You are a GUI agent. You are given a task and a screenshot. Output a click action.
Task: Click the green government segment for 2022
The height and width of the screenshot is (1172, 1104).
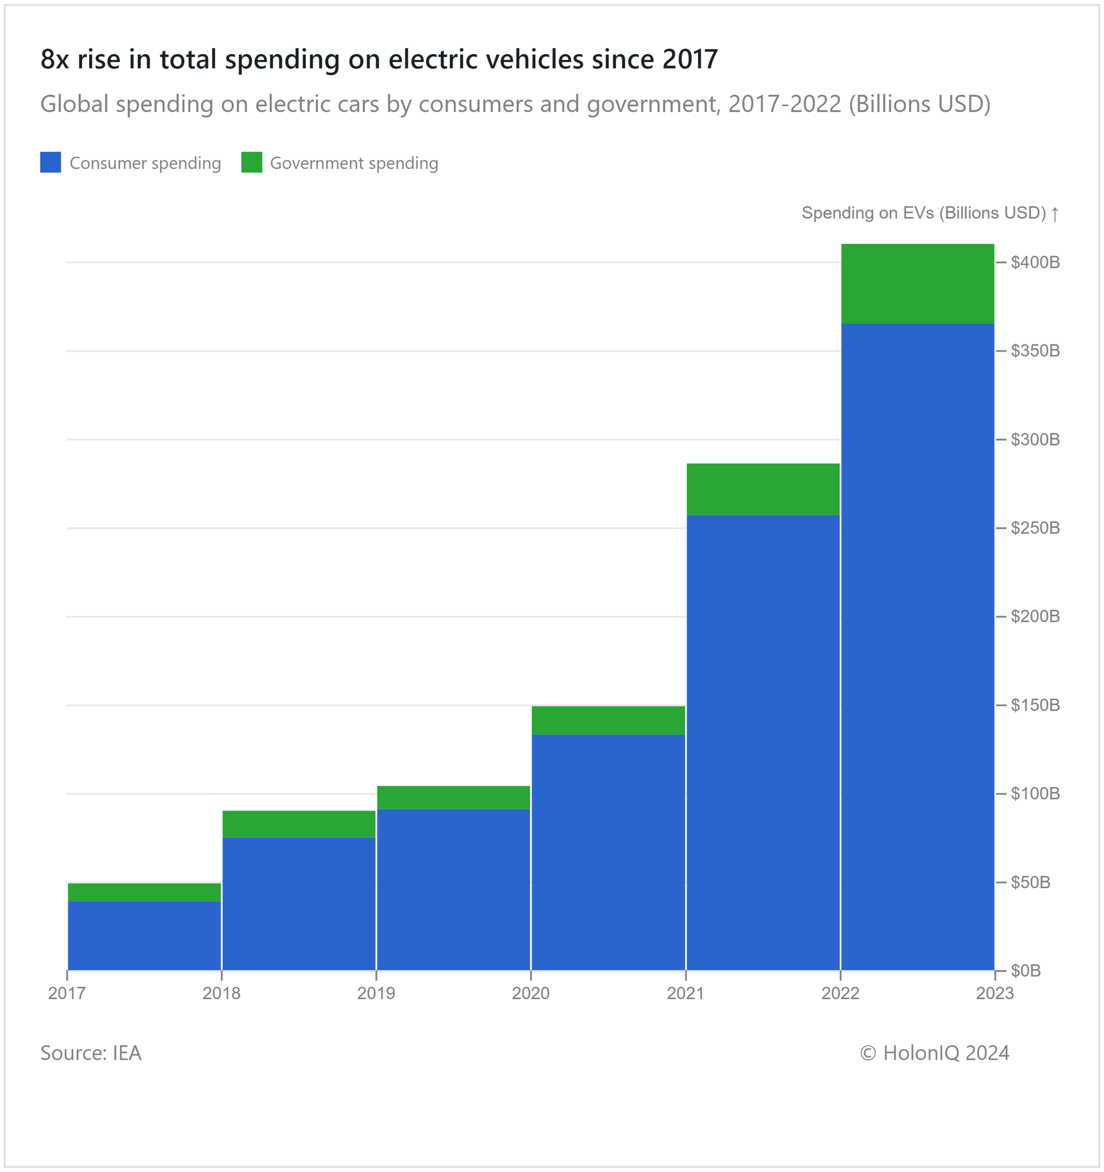[x=917, y=283]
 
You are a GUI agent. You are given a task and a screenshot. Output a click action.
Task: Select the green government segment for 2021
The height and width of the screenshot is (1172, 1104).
[x=763, y=489]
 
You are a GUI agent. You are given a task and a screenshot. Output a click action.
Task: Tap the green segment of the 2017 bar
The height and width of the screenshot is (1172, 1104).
[x=144, y=892]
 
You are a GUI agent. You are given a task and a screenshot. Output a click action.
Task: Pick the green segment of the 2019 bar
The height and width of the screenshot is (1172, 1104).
[x=453, y=797]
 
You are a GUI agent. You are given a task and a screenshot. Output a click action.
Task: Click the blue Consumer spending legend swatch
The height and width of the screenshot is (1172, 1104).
[x=51, y=163]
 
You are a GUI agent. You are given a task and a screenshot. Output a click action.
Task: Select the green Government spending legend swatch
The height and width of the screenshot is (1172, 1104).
[x=252, y=163]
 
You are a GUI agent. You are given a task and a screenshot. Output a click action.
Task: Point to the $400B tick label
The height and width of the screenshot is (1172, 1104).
[x=1034, y=262]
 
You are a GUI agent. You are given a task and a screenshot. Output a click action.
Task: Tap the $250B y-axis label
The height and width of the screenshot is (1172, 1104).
[x=1034, y=527]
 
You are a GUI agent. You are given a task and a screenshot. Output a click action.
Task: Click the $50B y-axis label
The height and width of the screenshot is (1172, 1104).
[x=1031, y=882]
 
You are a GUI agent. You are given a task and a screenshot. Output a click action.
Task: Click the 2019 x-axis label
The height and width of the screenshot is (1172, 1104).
[x=376, y=994]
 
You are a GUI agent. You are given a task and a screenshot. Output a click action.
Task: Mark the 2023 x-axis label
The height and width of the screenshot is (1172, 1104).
[x=994, y=994]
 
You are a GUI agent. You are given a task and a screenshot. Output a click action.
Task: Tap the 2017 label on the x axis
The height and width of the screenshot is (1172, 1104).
[x=67, y=994]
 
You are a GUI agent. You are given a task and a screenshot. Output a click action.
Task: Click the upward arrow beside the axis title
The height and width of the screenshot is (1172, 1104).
[x=1054, y=213]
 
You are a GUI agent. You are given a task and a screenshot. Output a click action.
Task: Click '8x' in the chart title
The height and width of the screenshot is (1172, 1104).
[x=55, y=60]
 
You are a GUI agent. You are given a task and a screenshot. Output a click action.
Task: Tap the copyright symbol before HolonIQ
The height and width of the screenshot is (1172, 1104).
[x=868, y=1053]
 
